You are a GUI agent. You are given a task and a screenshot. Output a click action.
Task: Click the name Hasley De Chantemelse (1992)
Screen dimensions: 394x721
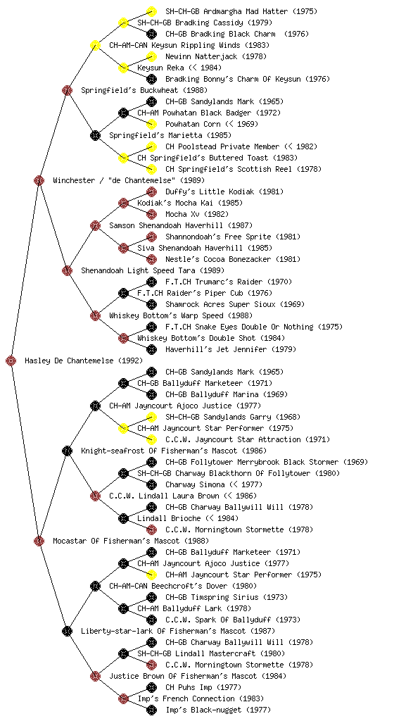pos(84,361)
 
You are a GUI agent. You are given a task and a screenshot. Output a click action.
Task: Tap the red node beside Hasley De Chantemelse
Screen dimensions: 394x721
pos(11,361)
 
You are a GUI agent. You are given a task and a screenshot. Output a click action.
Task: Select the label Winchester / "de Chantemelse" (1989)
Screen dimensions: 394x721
pos(129,181)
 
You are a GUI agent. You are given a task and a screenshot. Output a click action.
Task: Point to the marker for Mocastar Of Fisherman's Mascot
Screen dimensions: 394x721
pos(39,541)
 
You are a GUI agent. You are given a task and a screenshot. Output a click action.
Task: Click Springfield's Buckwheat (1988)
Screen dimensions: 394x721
pos(144,91)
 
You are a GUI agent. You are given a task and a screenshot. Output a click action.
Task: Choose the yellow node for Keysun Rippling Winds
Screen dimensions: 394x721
pos(95,46)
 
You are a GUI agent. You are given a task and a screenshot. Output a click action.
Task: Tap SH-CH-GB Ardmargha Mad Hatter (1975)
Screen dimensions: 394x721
pos(241,11)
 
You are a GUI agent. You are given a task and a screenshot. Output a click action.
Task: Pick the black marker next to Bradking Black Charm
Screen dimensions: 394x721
pos(151,34)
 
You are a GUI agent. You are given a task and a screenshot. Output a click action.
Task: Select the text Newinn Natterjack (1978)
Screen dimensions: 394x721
pos(215,56)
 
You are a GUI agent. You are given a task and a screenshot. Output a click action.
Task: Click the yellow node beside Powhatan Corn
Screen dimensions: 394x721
pos(151,124)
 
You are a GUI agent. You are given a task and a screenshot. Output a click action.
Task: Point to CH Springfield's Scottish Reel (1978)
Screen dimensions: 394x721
pos(243,169)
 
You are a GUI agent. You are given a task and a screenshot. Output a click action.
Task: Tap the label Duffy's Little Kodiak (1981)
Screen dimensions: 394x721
pos(224,192)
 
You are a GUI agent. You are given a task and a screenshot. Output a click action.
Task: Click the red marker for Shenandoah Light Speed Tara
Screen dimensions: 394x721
pos(67,271)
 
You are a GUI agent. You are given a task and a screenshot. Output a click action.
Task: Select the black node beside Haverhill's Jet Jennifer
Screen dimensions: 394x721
pos(151,349)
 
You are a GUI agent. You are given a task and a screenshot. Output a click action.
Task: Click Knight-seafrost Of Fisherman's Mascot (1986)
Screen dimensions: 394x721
pos(174,451)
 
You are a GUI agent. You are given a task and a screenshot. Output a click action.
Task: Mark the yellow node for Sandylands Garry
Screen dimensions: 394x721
pos(151,417)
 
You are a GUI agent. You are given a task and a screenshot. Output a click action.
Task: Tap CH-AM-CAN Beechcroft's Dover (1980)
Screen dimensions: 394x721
pos(183,587)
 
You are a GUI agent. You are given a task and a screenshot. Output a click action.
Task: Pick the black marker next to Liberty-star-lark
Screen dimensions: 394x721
pos(67,632)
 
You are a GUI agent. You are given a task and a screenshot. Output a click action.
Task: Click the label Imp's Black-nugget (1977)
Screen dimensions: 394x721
pos(218,710)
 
